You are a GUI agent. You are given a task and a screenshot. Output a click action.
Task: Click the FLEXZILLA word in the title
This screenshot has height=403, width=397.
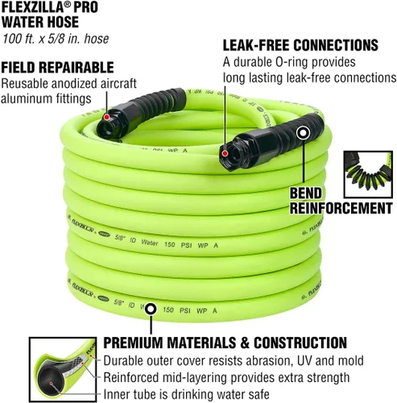tap(33, 7)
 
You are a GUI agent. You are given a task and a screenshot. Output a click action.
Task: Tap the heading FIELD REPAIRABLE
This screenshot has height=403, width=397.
tap(57, 67)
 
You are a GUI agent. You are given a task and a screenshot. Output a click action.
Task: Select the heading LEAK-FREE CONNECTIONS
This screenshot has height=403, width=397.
tap(300, 45)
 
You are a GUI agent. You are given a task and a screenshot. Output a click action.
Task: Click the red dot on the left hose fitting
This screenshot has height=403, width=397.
tap(106, 117)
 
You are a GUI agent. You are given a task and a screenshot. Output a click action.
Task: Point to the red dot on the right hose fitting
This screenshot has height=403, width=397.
tap(225, 154)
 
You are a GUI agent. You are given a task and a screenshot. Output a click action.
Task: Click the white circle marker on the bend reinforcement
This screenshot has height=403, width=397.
tap(303, 133)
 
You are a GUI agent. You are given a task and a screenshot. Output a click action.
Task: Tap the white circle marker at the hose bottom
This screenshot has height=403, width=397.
tap(151, 309)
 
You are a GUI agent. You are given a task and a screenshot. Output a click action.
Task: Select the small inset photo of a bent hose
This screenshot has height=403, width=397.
tap(368, 175)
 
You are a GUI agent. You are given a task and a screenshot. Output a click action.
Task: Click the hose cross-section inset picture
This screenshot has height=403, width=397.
tap(63, 370)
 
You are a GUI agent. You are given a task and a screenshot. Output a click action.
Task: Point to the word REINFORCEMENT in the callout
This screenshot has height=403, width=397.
tap(341, 208)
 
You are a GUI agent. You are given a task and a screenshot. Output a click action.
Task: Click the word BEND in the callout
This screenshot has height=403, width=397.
tap(306, 193)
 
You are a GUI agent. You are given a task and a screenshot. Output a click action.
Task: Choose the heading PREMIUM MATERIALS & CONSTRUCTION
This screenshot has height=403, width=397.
tap(225, 343)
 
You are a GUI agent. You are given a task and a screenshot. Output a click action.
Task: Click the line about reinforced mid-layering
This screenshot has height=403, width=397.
tap(226, 377)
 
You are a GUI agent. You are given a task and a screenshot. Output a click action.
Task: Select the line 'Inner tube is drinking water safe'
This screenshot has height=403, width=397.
tap(186, 394)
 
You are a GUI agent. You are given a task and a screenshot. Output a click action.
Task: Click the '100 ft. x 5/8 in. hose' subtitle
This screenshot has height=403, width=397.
tap(56, 39)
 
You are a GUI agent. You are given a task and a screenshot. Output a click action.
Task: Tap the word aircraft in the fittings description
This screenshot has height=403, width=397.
tap(118, 84)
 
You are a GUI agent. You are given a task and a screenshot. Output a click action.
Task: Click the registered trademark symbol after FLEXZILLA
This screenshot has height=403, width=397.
tap(68, 4)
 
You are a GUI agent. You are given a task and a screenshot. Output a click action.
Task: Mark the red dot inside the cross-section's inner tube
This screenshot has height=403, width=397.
tap(51, 384)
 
